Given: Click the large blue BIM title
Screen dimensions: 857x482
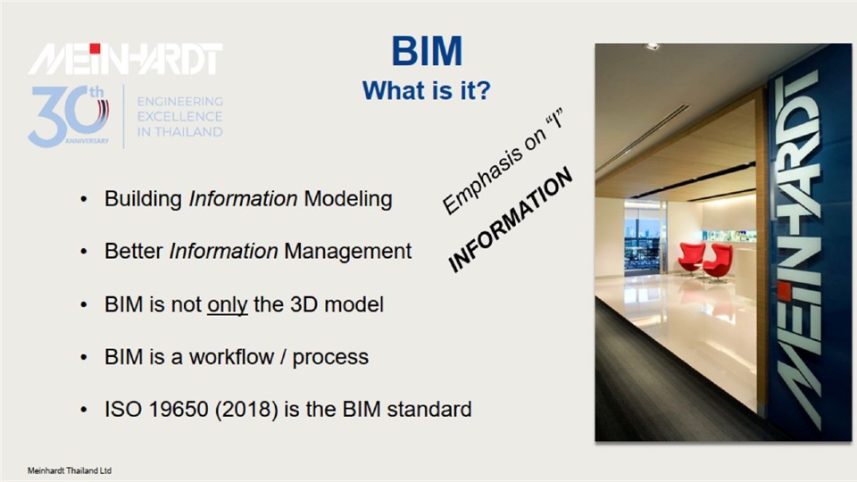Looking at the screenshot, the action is [427, 51].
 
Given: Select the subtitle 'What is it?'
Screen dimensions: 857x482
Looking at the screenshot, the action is [427, 91].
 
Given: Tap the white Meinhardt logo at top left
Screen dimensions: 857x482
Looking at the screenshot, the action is [125, 59].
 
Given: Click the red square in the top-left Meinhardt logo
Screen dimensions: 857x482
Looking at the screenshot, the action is [96, 48].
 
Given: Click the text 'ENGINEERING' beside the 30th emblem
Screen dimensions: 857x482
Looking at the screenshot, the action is [179, 102].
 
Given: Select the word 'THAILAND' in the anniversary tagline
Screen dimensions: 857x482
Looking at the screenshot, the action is [188, 132].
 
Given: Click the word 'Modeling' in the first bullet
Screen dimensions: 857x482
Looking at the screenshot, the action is [348, 199].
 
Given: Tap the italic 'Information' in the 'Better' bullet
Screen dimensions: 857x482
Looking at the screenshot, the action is [223, 252].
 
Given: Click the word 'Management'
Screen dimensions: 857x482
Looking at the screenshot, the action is [347, 252].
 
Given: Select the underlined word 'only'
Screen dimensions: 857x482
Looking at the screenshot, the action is [228, 305].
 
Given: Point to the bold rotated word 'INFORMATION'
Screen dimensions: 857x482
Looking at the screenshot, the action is [510, 220].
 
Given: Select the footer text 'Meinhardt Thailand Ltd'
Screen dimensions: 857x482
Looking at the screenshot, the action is [70, 470].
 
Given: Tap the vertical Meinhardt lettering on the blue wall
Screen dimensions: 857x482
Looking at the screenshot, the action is [798, 249].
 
